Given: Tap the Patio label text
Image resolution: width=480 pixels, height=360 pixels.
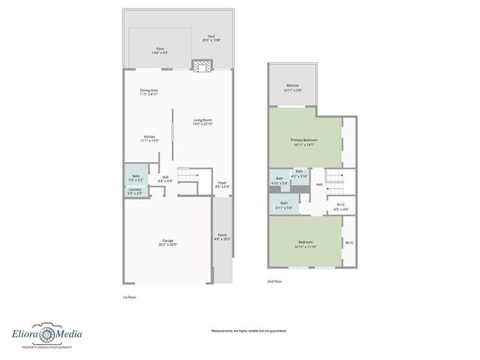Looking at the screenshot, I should click(160, 49).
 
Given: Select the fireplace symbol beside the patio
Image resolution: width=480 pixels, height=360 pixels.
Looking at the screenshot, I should click(200, 67).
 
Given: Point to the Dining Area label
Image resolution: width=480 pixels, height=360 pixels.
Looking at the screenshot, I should click(148, 90).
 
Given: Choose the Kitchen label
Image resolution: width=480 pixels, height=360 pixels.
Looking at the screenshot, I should click(149, 137).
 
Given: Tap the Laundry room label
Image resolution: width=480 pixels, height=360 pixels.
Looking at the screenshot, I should click(135, 190).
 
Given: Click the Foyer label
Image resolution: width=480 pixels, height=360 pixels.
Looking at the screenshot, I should click(222, 183).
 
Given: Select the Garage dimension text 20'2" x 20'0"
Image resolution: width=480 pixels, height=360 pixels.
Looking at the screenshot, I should click(167, 244).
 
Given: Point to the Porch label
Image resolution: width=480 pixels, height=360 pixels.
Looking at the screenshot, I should click(222, 235).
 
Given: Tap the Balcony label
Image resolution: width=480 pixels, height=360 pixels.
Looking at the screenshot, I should click(292, 85).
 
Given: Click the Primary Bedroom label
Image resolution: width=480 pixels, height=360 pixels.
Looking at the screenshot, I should click(304, 140).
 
